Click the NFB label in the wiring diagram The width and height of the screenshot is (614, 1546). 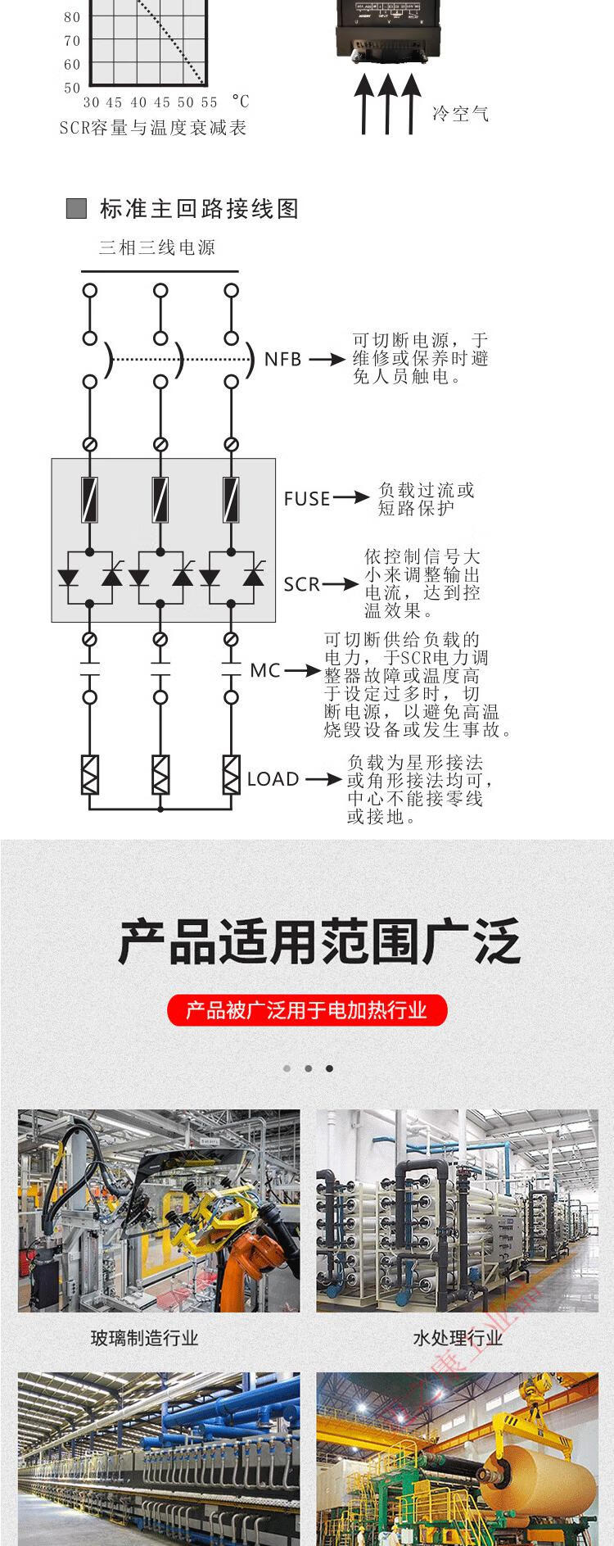point(282,359)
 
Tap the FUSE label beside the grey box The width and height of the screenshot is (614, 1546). point(307,499)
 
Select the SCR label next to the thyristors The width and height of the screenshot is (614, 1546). point(301,584)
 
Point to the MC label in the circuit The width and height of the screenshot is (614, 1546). point(265,671)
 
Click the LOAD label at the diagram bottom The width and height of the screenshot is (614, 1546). point(273,779)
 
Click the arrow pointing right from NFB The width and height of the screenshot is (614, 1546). point(327,359)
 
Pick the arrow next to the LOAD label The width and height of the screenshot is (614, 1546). point(323,779)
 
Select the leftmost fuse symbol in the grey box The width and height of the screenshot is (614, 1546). point(90,499)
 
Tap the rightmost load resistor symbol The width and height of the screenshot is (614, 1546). point(231,775)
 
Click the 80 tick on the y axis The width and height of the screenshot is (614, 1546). point(72,17)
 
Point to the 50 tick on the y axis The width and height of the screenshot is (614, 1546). point(72,88)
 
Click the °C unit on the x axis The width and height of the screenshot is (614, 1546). point(240,102)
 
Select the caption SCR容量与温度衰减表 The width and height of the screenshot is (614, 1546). point(153,128)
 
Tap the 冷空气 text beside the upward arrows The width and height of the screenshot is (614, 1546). point(460,113)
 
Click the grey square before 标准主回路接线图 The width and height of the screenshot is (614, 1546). point(76,209)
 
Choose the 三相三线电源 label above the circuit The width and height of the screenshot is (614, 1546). point(157,247)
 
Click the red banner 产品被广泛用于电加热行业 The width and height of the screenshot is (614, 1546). point(307,1010)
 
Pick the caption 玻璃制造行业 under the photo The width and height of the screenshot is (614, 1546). point(145,1338)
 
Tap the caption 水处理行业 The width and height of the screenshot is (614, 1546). point(458,1338)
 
